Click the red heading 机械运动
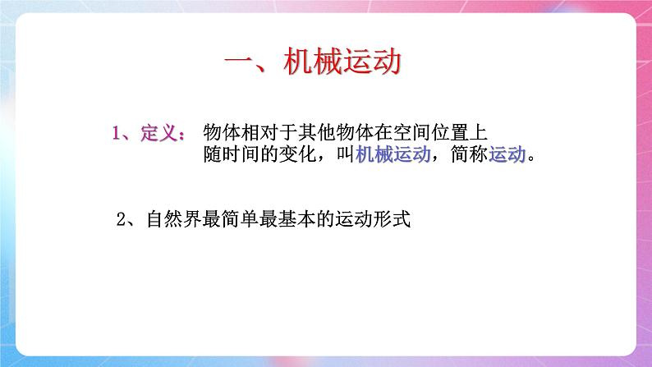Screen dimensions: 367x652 click(342, 63)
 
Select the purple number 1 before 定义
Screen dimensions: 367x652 click(117, 133)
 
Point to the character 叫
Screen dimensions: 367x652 click(346, 156)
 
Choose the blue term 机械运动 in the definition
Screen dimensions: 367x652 click(394, 156)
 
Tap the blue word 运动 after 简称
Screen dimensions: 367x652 click(507, 156)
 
